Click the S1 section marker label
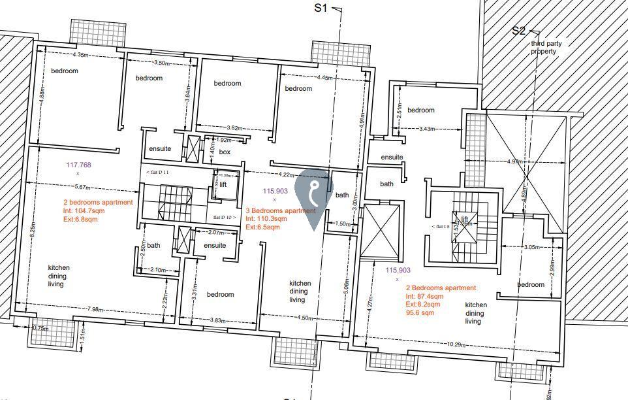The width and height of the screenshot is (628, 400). [x=321, y=8]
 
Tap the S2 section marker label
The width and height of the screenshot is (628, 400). [x=519, y=30]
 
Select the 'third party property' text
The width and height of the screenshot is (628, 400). [x=546, y=47]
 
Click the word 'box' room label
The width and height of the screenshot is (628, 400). [x=225, y=152]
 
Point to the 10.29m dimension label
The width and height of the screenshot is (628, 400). [x=454, y=344]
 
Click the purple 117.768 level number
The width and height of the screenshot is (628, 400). [x=78, y=165]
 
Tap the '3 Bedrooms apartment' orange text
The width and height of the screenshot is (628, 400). [x=280, y=210]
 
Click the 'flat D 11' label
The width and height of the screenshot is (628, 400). [x=157, y=172]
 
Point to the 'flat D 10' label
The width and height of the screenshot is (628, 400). [x=221, y=216]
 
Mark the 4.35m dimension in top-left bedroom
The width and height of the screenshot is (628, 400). [x=81, y=55]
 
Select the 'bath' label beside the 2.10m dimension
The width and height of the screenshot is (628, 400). [x=153, y=246]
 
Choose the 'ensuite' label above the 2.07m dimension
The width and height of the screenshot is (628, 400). [x=215, y=245]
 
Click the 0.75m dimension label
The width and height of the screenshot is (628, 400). [x=40, y=329]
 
